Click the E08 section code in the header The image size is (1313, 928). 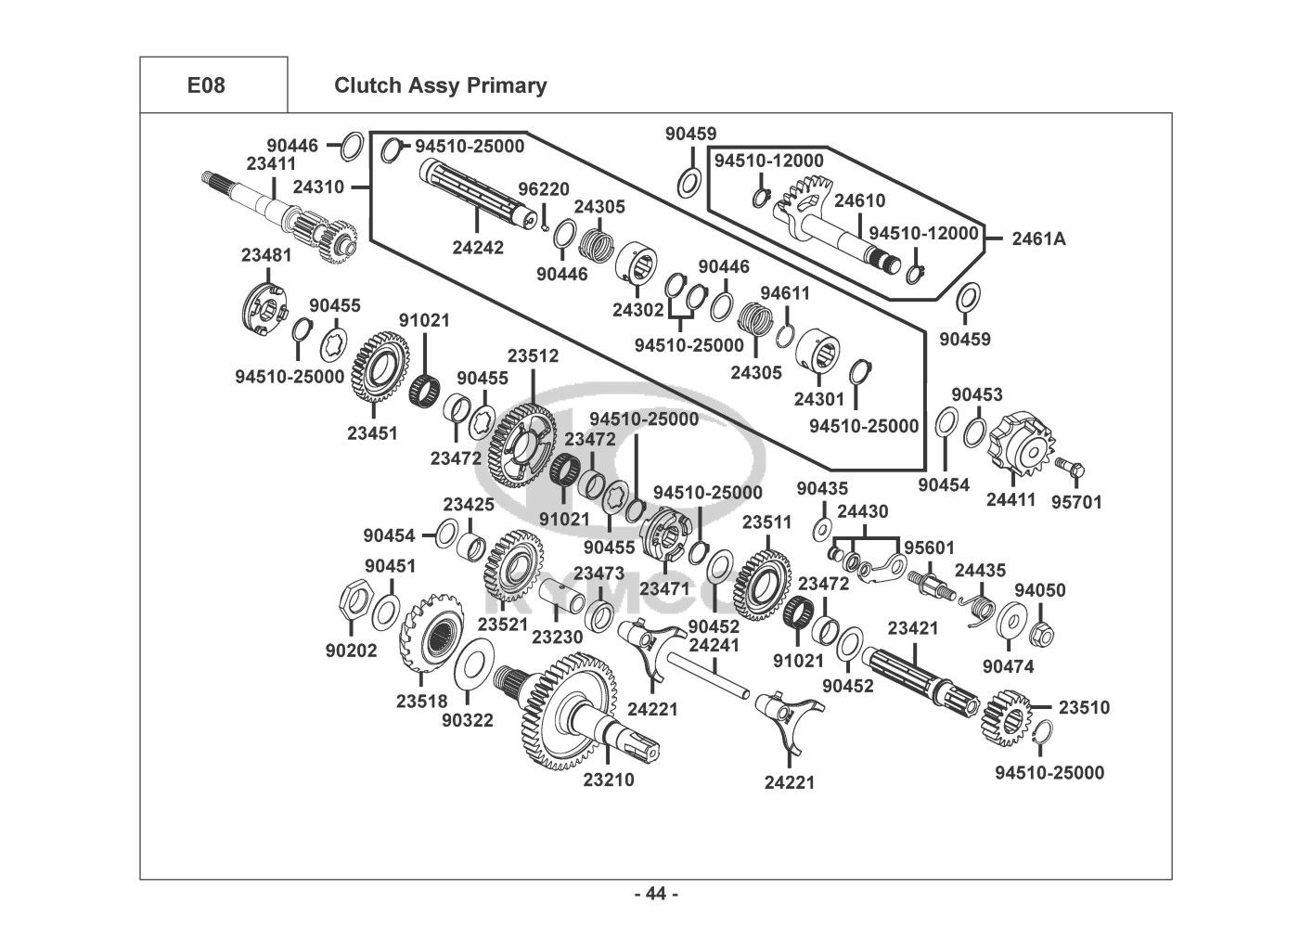[206, 85]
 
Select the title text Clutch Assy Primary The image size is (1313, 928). [440, 85]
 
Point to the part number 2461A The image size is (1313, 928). [1038, 238]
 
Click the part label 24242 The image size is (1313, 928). [478, 248]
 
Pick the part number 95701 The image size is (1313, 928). [1076, 502]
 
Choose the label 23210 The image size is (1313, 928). [609, 780]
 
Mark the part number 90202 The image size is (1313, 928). [351, 651]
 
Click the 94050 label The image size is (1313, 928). [1039, 590]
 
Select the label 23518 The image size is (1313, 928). [421, 702]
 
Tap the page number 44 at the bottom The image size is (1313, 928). [656, 894]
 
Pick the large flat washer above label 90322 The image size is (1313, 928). [473, 664]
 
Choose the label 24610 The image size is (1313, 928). [859, 200]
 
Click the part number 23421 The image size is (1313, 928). [913, 628]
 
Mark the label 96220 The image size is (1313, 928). [544, 189]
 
